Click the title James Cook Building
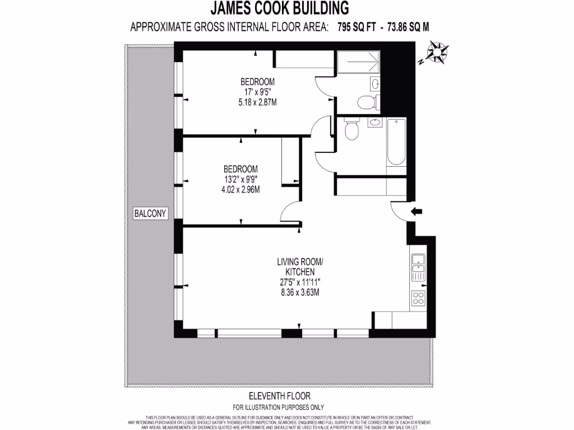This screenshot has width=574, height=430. (x=279, y=8)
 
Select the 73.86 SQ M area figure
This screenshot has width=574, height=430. (x=407, y=26)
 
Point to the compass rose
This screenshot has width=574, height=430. (x=436, y=53)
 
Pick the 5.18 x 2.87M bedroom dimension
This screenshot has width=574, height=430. (x=257, y=102)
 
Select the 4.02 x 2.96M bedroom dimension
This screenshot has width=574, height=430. (x=240, y=190)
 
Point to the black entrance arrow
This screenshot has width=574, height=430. (x=416, y=211)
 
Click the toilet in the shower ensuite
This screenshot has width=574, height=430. (x=366, y=102)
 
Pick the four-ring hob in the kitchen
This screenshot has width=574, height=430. (x=418, y=298)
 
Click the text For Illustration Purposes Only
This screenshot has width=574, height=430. (x=278, y=407)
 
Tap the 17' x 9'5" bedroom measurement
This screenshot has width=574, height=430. (x=257, y=92)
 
